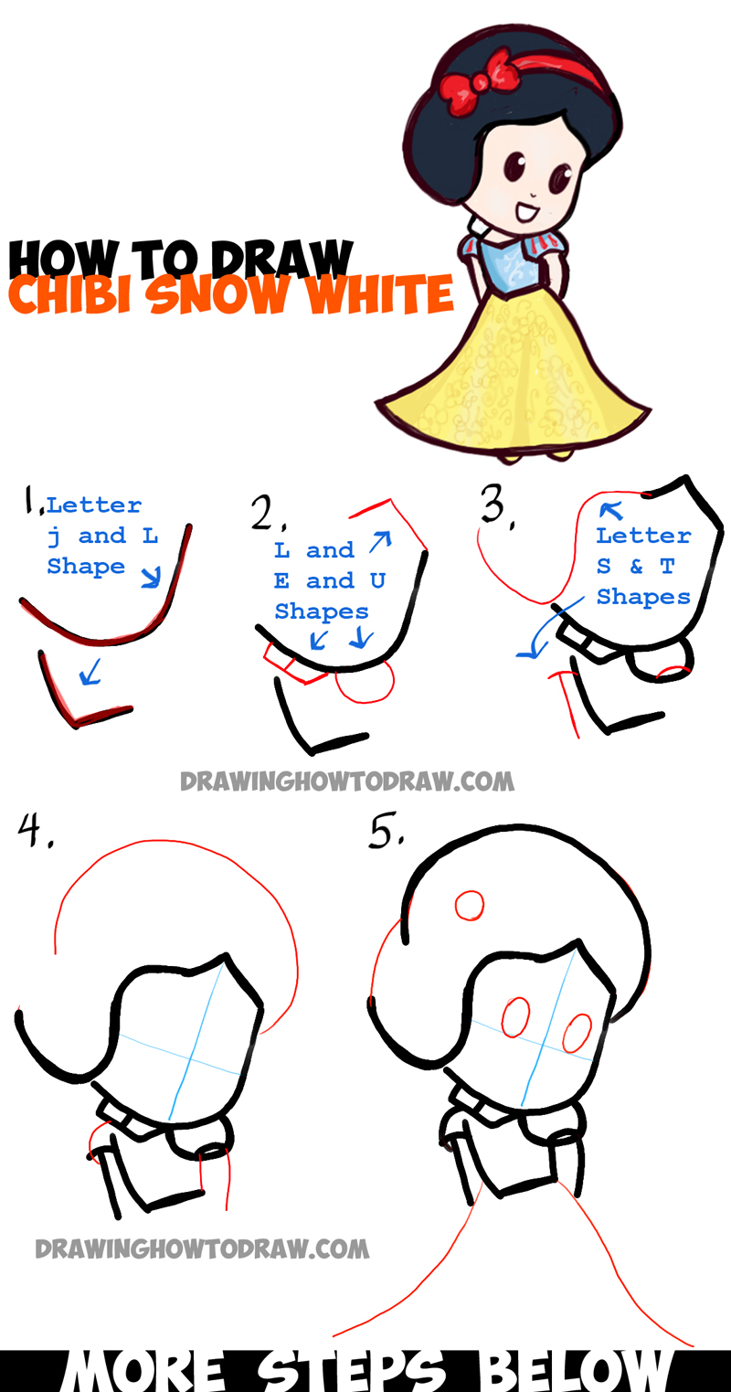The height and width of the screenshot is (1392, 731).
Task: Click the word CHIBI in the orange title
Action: pyautogui.click(x=69, y=294)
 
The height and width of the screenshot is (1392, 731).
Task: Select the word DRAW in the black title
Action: pyautogui.click(x=281, y=259)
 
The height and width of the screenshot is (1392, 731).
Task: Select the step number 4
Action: pyautogui.click(x=34, y=830)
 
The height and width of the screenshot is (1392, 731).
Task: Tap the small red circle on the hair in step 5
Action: pyautogui.click(x=470, y=906)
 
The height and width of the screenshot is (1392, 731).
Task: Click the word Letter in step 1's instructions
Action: pyautogui.click(x=94, y=505)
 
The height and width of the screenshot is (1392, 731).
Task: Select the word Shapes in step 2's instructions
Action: pyautogui.click(x=322, y=611)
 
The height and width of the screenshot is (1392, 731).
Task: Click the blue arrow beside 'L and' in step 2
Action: pyautogui.click(x=380, y=541)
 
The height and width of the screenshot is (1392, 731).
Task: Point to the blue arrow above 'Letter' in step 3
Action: pyautogui.click(x=610, y=511)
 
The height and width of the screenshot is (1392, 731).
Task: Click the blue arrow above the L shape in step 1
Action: pyautogui.click(x=90, y=672)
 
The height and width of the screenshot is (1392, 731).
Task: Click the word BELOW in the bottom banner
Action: pyautogui.click(x=575, y=1370)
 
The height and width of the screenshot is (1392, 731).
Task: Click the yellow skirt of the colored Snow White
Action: pyautogui.click(x=515, y=379)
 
